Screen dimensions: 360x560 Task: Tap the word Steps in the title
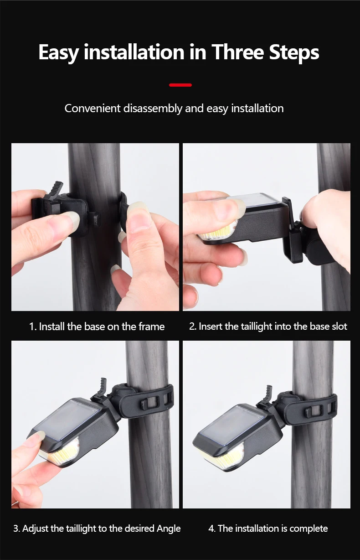click(x=294, y=53)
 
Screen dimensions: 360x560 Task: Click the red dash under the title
click(x=180, y=85)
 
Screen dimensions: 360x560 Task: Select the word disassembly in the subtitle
click(x=153, y=109)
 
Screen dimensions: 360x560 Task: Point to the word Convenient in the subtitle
click(x=93, y=109)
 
